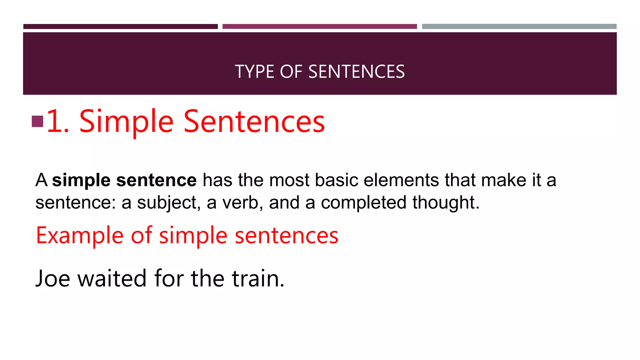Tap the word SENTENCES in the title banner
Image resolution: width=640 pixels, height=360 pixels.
click(x=356, y=72)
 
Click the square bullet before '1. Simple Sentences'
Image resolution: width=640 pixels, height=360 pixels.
click(x=37, y=122)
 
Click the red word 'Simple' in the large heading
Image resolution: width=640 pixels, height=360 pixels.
click(x=126, y=122)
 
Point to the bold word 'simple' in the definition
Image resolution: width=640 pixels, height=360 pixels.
click(x=81, y=180)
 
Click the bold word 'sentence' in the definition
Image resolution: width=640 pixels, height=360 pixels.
click(x=156, y=180)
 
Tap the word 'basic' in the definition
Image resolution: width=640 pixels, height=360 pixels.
click(x=336, y=180)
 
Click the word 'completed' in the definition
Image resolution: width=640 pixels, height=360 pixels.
click(x=363, y=203)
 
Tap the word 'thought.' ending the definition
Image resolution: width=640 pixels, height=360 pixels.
click(x=446, y=202)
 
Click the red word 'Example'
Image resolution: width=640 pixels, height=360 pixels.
click(x=80, y=236)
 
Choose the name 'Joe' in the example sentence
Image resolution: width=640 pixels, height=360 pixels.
click(x=53, y=278)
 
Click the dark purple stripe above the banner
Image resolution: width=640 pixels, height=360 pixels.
click(x=120, y=27)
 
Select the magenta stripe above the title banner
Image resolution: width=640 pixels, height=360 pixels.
click(x=319, y=27)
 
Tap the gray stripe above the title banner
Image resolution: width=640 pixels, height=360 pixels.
click(x=519, y=27)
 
